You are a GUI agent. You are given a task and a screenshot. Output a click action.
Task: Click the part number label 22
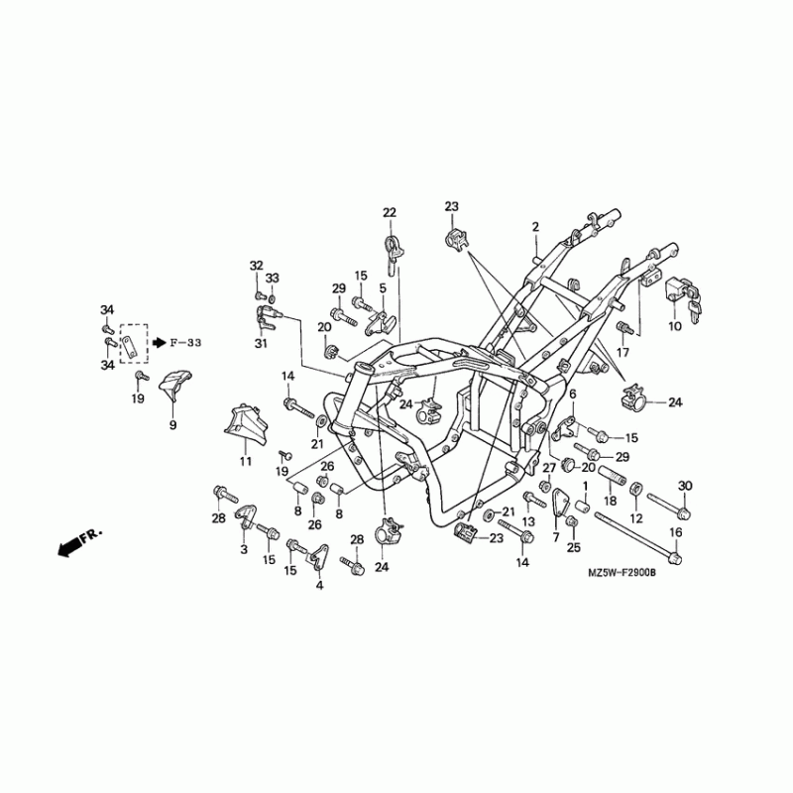pyautogui.click(x=389, y=213)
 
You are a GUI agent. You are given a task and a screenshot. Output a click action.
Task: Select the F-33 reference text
pyautogui.click(x=184, y=343)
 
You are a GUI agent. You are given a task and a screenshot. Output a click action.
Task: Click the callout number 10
pyautogui.click(x=674, y=326)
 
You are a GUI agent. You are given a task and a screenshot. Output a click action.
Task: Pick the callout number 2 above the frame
pyautogui.click(x=534, y=227)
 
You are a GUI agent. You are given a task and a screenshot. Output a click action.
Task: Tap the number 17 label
pyautogui.click(x=623, y=352)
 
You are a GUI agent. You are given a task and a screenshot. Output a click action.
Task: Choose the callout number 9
pyautogui.click(x=172, y=425)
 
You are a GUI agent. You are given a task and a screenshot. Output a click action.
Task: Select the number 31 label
pyautogui.click(x=261, y=344)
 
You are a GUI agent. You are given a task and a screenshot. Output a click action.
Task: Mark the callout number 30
pyautogui.click(x=684, y=485)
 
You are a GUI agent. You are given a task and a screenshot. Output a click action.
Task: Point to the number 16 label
pyautogui.click(x=675, y=532)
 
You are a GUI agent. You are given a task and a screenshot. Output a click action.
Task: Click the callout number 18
pyautogui.click(x=610, y=503)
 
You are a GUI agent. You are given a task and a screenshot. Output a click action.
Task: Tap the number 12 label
pyautogui.click(x=636, y=517)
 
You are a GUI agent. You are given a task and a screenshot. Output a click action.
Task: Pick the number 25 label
pyautogui.click(x=573, y=547)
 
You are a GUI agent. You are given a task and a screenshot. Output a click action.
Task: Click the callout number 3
pyautogui.click(x=243, y=548)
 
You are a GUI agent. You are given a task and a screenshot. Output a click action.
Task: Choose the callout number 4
pyautogui.click(x=319, y=586)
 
